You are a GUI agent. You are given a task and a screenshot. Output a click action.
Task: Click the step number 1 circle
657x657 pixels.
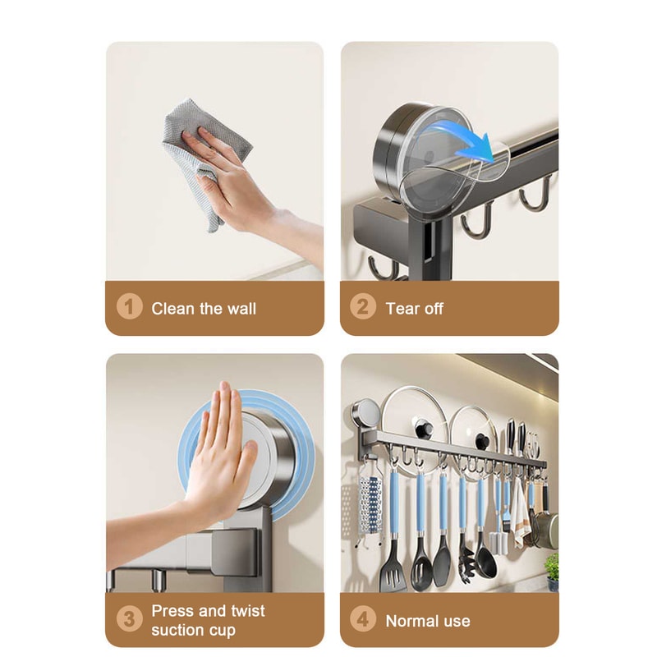pos(129,308)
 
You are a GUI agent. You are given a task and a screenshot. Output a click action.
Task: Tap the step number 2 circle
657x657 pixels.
pos(363,308)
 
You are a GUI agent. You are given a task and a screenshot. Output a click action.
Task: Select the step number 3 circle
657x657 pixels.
pos(129,620)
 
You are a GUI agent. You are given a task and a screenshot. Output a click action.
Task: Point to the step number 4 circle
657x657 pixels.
pos(363,620)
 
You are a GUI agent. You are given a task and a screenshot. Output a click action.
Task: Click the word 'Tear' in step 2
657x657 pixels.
pos(401,309)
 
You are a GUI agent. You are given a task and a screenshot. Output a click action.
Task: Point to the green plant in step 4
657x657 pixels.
pos(552,567)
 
